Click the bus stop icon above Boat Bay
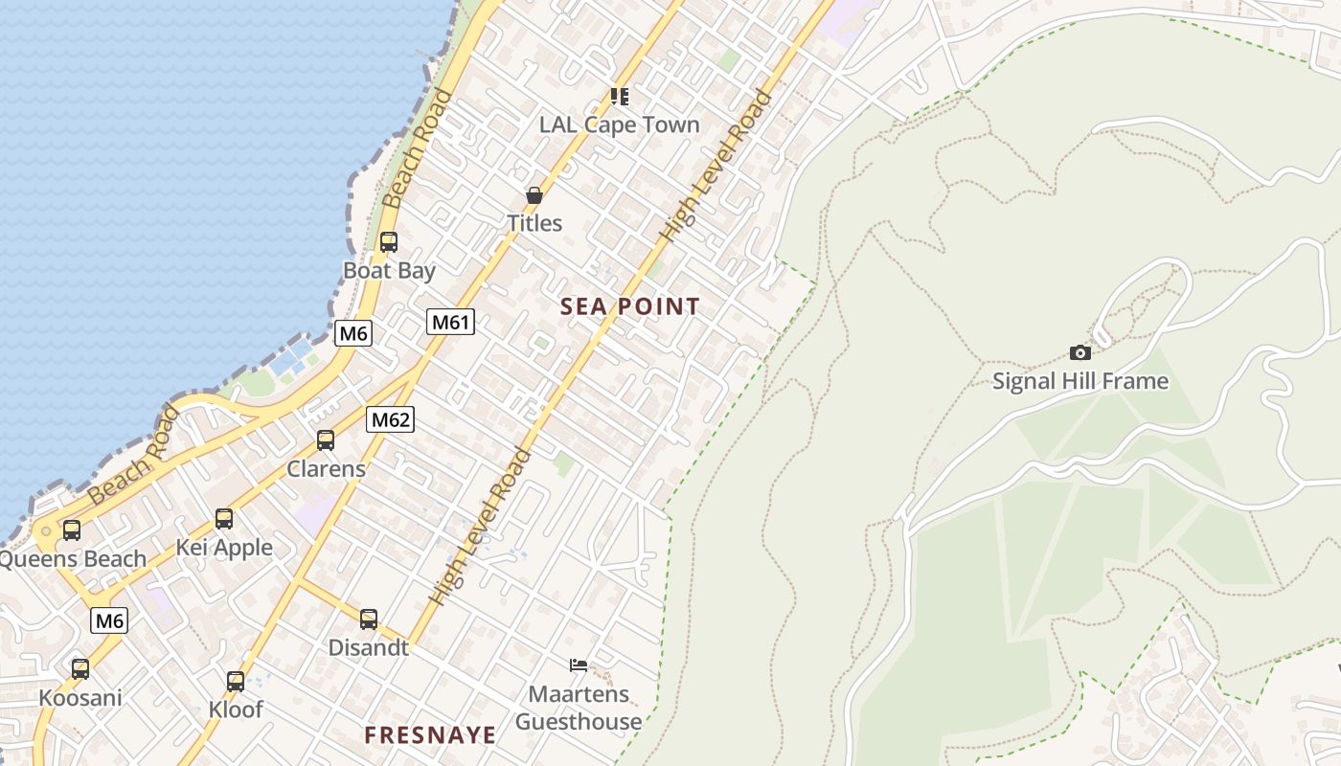(x=388, y=242)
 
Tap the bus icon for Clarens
(x=326, y=440)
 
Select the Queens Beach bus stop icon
(x=72, y=530)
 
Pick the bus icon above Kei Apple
(x=224, y=519)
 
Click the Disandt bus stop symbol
(x=369, y=620)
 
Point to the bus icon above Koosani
(x=80, y=669)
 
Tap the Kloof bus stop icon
(x=236, y=682)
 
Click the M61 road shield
(x=450, y=322)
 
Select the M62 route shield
(x=391, y=418)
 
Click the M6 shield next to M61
(x=353, y=333)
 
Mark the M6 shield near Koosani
(x=109, y=620)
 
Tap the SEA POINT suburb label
(x=630, y=306)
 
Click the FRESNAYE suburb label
(x=430, y=734)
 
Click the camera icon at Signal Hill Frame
(x=1080, y=352)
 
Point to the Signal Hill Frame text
(x=1080, y=381)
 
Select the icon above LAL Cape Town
(x=620, y=97)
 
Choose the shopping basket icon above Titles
(x=534, y=195)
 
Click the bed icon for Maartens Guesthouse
(x=579, y=665)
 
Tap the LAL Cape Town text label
(x=620, y=124)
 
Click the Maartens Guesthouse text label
(x=579, y=708)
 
